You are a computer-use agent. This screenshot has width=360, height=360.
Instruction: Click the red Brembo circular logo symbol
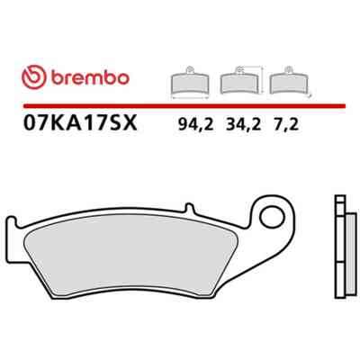(x=34, y=77)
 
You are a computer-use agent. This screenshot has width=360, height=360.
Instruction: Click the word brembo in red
(x=90, y=77)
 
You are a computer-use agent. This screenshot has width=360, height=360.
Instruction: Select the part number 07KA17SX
(x=80, y=123)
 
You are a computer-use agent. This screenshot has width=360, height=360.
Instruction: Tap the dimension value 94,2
(x=195, y=124)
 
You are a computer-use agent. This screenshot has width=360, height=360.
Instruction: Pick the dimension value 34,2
(x=243, y=124)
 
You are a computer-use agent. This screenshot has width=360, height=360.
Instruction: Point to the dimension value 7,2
(x=286, y=124)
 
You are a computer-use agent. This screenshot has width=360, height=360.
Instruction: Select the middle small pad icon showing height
(x=239, y=80)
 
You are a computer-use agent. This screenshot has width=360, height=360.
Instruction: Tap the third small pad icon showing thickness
(x=289, y=80)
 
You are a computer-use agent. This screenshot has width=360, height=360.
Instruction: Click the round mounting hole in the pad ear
(x=272, y=218)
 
